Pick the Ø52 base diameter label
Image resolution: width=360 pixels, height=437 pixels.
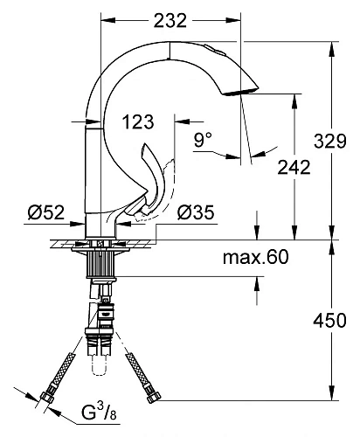(x=42, y=212)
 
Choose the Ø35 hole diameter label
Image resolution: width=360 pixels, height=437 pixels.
(x=196, y=212)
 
